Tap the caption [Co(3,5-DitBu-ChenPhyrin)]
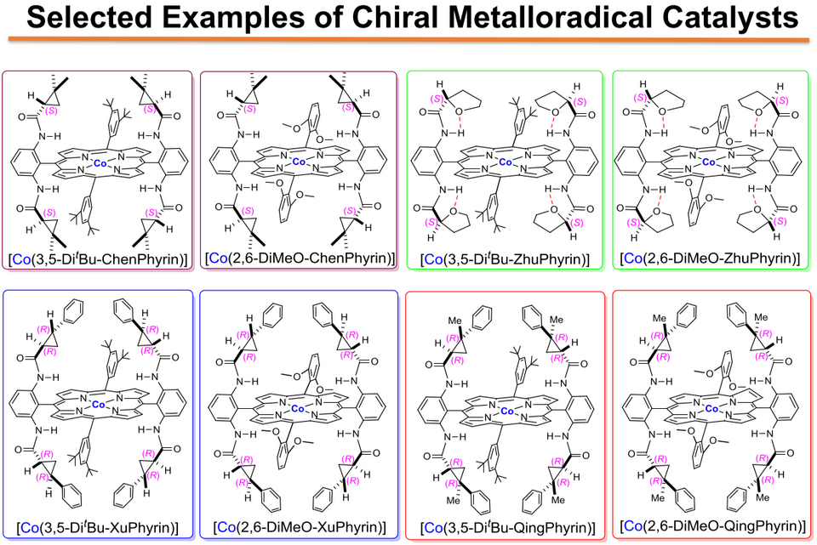coord(98,258)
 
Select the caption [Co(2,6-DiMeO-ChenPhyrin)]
coord(300,258)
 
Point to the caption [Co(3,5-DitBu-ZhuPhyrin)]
coord(505,258)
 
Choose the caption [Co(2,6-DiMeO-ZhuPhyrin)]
coord(709,258)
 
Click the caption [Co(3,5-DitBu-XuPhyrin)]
coord(97,528)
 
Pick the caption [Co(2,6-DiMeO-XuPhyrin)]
coord(300,527)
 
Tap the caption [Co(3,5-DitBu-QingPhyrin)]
coord(507,528)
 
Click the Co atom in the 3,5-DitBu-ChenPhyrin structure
coord(100,163)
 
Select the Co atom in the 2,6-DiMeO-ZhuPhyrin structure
coord(709,162)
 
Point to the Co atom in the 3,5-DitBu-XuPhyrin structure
coord(98,405)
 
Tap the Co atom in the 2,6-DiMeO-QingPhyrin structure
coord(711,409)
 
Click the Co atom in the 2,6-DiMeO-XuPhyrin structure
coord(298,409)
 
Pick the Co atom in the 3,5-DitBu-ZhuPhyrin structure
coord(506,162)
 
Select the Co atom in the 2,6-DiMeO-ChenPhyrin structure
coord(299,162)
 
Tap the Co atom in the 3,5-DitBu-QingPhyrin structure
coord(507,412)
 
